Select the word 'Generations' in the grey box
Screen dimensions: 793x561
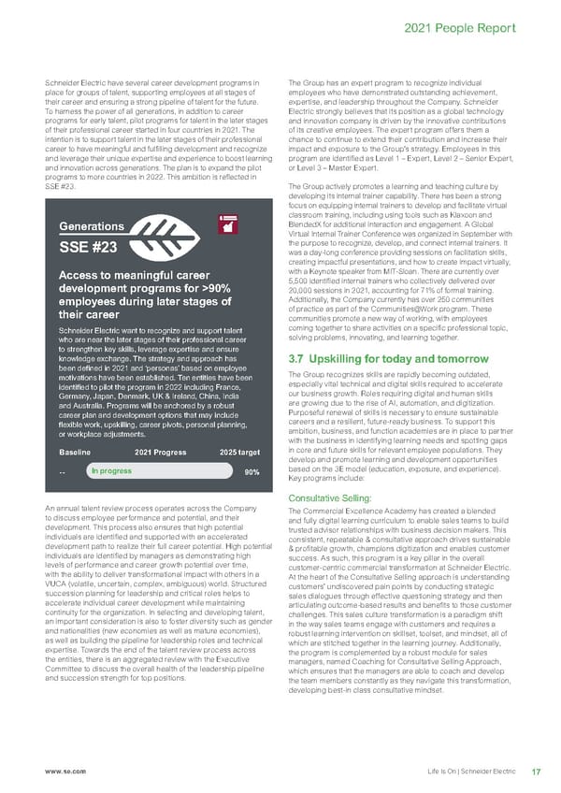[92, 226]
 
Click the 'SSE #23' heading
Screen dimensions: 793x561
[88, 248]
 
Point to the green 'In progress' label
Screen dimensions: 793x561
[111, 471]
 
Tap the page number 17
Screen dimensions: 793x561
[535, 771]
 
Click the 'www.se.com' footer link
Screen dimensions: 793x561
[59, 771]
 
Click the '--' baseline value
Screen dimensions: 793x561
[62, 472]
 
